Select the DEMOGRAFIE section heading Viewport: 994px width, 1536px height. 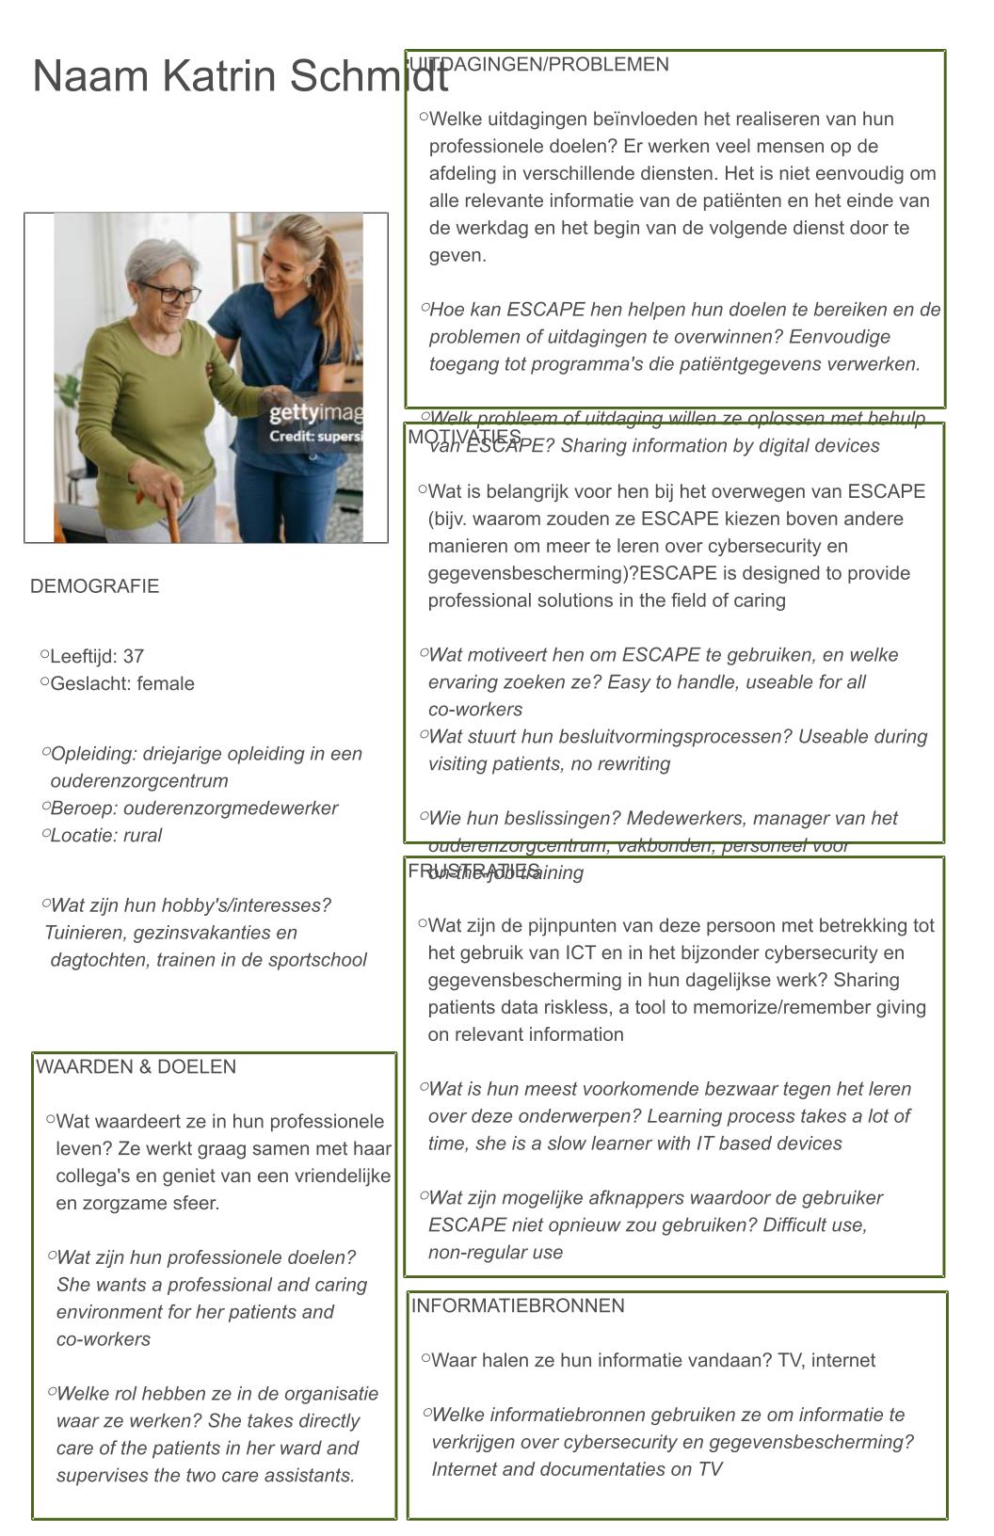coord(94,586)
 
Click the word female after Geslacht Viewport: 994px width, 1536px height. coord(165,683)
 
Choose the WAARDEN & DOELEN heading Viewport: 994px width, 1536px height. coord(136,1066)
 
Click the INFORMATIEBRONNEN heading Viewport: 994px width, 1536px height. coord(518,1305)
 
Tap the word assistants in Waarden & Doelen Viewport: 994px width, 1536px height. coord(309,1475)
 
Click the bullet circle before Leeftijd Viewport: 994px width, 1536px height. coord(45,654)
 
